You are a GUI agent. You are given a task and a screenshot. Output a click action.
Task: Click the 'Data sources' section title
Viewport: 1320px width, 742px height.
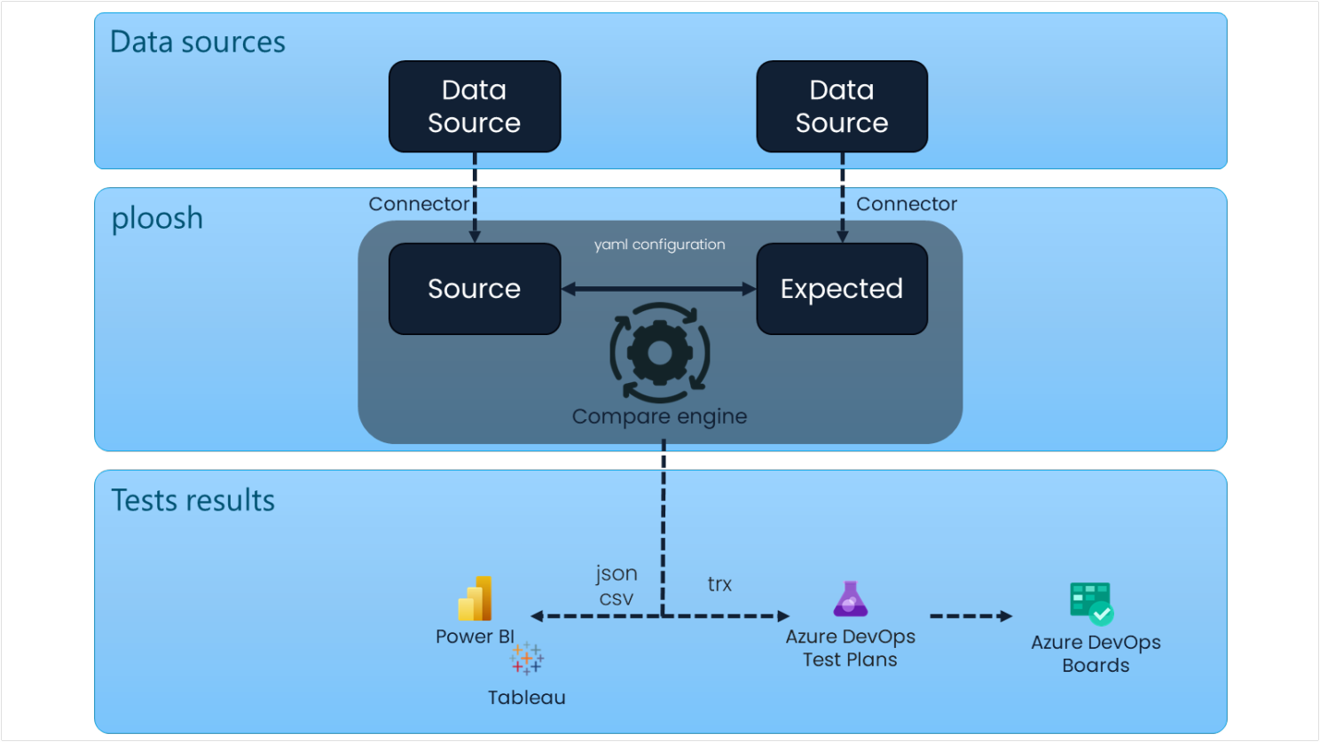[197, 43]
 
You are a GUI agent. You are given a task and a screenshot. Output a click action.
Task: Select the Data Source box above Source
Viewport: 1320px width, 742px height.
[475, 106]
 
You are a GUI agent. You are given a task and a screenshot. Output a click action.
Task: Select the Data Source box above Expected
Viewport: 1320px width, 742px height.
[842, 106]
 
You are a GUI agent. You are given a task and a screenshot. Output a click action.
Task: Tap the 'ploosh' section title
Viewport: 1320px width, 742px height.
[157, 218]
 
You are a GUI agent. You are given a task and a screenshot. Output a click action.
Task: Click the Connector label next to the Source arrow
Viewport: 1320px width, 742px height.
[418, 204]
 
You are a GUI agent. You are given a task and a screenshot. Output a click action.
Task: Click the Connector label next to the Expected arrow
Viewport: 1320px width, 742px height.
[907, 204]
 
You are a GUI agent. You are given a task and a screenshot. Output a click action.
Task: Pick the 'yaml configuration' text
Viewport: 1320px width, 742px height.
[659, 245]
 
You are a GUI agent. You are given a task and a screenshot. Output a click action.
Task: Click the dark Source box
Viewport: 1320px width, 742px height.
[475, 289]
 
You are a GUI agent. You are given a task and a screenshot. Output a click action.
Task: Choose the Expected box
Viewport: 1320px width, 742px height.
[842, 289]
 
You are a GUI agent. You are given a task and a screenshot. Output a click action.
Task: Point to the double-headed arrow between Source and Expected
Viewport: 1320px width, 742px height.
[659, 289]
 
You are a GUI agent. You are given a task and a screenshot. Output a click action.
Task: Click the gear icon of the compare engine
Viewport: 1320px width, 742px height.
[660, 353]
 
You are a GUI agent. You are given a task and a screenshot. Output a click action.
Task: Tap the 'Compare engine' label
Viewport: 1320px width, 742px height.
[659, 417]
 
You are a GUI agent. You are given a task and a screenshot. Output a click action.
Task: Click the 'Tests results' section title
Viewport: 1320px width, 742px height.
[192, 501]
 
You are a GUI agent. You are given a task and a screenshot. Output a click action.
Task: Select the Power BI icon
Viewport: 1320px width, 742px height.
[475, 598]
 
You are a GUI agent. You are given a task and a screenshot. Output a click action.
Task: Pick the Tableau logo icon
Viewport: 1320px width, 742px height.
[527, 659]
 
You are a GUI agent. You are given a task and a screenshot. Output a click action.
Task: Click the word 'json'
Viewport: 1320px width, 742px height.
[616, 574]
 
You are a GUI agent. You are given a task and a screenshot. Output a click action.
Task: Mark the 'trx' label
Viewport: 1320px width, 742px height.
[719, 584]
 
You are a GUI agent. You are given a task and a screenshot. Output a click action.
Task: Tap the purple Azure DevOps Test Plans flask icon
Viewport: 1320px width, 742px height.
[850, 599]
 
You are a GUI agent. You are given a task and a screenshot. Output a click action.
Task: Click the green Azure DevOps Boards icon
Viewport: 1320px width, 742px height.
[1091, 604]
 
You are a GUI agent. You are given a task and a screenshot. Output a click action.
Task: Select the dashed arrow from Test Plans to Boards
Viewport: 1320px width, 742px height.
[970, 616]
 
